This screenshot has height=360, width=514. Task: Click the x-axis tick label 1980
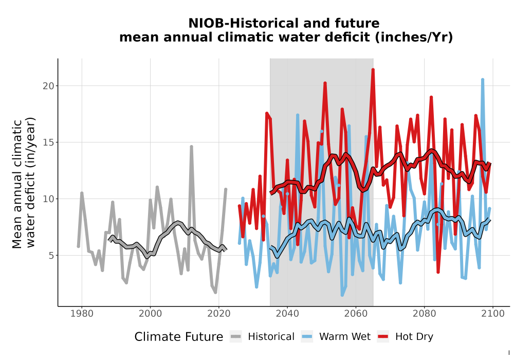pyautogui.click(x=82, y=314)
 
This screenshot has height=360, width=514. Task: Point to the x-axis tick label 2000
pyautogui.click(x=150, y=314)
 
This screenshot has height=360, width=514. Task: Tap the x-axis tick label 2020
pyautogui.click(x=218, y=314)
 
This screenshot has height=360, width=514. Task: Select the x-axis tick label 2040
pyautogui.click(x=287, y=314)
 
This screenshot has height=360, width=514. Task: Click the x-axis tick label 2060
pyautogui.click(x=356, y=314)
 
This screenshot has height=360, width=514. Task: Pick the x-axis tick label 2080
pyautogui.click(x=424, y=314)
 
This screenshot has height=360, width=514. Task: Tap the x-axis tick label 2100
pyautogui.click(x=493, y=314)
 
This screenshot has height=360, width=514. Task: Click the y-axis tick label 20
pyautogui.click(x=48, y=86)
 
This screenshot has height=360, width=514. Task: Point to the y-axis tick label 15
pyautogui.click(x=48, y=142)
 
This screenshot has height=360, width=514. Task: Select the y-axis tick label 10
pyautogui.click(x=48, y=199)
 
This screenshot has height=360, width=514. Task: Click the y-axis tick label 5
pyautogui.click(x=51, y=256)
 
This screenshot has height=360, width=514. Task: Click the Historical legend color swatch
pyautogui.click(x=236, y=336)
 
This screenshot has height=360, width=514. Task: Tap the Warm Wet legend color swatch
pyautogui.click(x=307, y=336)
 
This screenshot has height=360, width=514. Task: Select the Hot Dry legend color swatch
pyautogui.click(x=383, y=336)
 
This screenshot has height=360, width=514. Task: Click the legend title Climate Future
pyautogui.click(x=179, y=337)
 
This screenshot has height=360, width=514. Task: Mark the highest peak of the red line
pyautogui.click(x=373, y=69)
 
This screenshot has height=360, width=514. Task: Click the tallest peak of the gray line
pyautogui.click(x=191, y=147)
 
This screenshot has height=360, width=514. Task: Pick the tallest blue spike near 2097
pyautogui.click(x=483, y=79)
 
